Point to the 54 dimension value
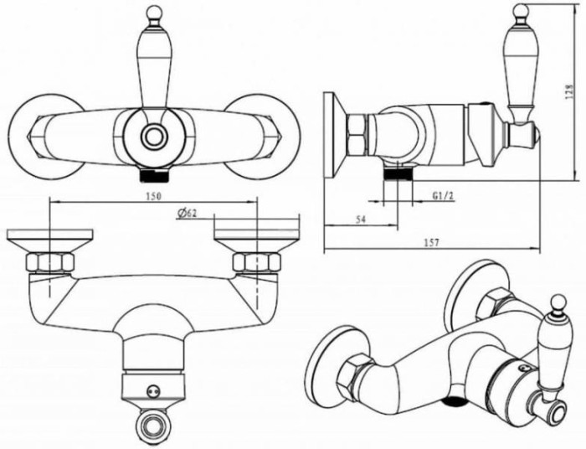(x=360, y=219)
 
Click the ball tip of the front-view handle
(x=154, y=13)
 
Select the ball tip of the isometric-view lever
(x=558, y=302)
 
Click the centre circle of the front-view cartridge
(x=153, y=137)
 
